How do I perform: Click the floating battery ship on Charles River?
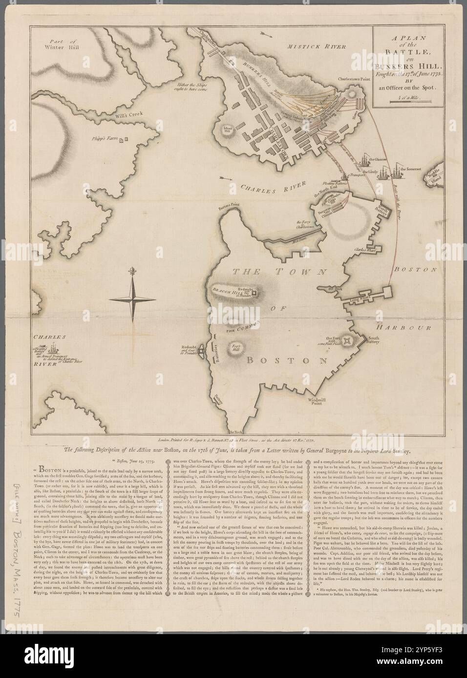pos(56,349)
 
